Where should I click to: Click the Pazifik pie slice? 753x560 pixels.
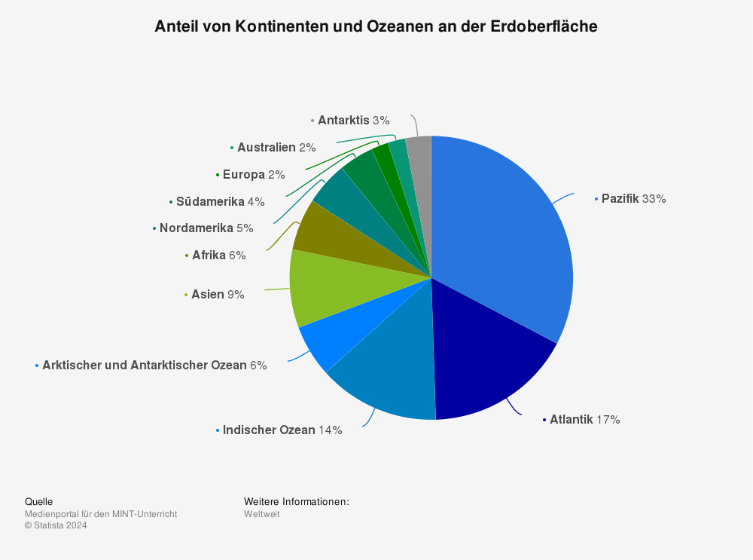pyautogui.click(x=505, y=226)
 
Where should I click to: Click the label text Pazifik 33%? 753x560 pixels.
pyautogui.click(x=633, y=199)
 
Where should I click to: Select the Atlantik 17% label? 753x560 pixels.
pyautogui.click(x=584, y=420)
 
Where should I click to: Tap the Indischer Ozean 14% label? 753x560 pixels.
pyautogui.click(x=282, y=430)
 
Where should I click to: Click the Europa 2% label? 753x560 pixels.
pyautogui.click(x=254, y=175)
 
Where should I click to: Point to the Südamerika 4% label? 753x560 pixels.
pyautogui.click(x=220, y=202)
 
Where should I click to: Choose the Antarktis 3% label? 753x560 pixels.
pyautogui.click(x=353, y=121)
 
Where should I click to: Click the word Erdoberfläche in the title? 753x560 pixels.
pyautogui.click(x=544, y=26)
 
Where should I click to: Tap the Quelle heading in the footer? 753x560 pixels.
pyautogui.click(x=38, y=502)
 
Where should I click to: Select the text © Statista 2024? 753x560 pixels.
pyautogui.click(x=56, y=526)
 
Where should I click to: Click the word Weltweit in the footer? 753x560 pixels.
pyautogui.click(x=261, y=514)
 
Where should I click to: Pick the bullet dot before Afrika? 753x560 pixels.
pyautogui.click(x=186, y=256)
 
